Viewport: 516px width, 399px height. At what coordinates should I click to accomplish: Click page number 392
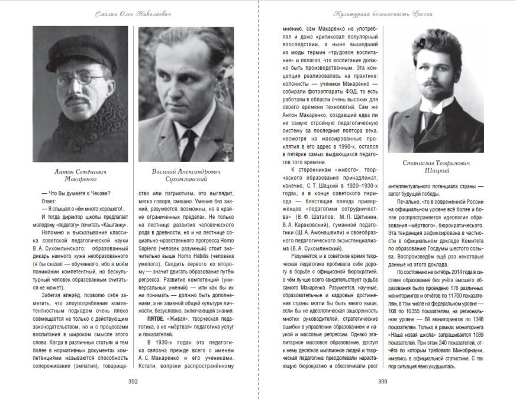tap(133, 381)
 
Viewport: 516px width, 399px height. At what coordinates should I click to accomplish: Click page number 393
tap(382, 381)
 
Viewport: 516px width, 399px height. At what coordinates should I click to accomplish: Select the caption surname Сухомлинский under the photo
tap(186, 178)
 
